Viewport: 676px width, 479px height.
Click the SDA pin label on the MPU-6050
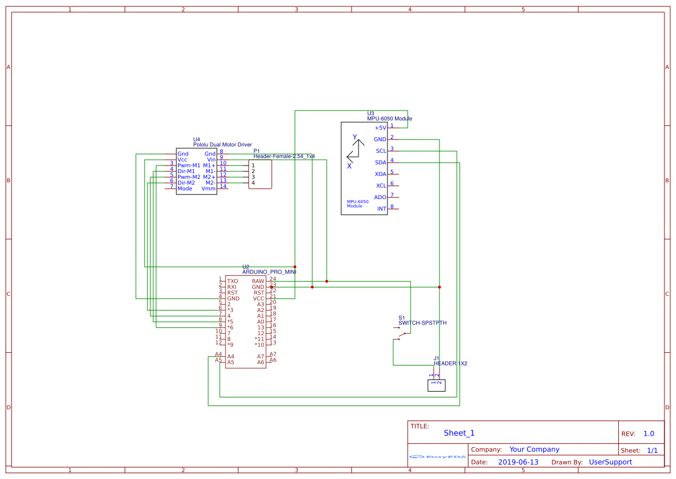click(381, 163)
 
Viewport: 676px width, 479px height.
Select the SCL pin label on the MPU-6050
click(381, 151)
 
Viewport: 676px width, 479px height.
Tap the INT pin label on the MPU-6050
click(382, 209)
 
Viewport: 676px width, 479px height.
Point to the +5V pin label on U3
click(380, 128)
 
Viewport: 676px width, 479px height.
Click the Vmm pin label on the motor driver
click(208, 189)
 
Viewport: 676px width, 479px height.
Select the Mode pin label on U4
click(185, 189)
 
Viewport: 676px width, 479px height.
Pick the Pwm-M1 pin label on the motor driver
click(189, 165)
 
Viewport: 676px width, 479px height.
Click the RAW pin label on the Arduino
click(258, 281)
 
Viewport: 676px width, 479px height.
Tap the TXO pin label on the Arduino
click(232, 281)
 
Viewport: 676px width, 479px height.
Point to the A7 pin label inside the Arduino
click(260, 356)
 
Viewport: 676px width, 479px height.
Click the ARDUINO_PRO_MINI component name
click(269, 271)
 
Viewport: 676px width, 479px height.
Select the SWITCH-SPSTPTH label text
click(422, 323)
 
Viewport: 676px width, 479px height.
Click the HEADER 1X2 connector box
click(437, 385)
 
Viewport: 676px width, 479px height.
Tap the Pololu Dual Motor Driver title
click(223, 145)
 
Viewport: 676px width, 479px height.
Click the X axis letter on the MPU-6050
click(349, 166)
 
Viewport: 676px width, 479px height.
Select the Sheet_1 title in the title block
click(459, 433)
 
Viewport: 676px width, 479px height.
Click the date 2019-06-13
click(518, 462)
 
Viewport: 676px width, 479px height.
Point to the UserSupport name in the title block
click(610, 462)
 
